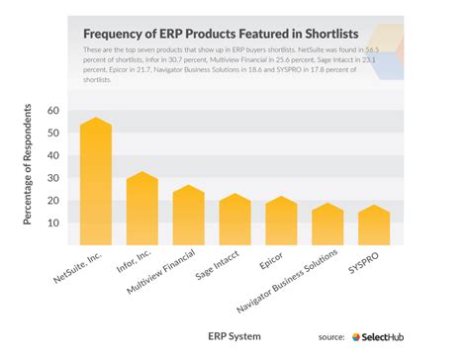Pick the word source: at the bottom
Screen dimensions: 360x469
tap(330, 337)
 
